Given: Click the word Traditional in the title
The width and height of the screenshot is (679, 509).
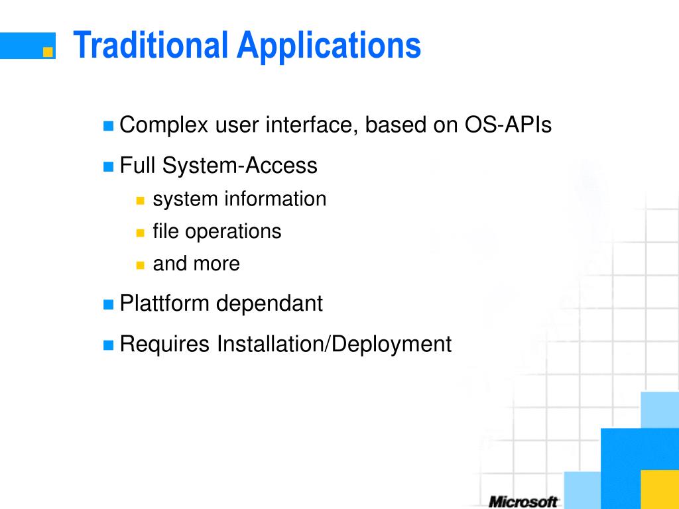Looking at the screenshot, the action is pyautogui.click(x=151, y=44).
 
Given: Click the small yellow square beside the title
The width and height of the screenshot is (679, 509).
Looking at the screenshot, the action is pyautogui.click(x=48, y=52).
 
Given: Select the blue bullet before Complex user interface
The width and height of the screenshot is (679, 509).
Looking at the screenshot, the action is pyautogui.click(x=108, y=126).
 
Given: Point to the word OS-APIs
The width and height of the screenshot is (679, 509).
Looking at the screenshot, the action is pyautogui.click(x=508, y=125).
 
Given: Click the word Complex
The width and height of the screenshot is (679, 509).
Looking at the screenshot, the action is pyautogui.click(x=164, y=125).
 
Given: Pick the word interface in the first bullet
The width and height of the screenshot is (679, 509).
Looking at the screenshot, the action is pyautogui.click(x=312, y=125).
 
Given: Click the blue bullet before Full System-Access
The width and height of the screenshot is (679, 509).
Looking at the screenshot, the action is pyautogui.click(x=108, y=166).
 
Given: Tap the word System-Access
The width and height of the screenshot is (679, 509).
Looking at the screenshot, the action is pyautogui.click(x=239, y=166).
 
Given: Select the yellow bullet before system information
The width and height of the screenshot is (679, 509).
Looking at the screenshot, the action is pyautogui.click(x=140, y=200).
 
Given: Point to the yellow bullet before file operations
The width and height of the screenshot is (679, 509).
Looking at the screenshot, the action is pyautogui.click(x=140, y=233).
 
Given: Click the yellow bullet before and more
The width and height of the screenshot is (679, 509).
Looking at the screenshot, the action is pyautogui.click(x=140, y=265).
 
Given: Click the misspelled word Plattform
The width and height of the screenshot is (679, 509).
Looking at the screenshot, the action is pyautogui.click(x=164, y=303).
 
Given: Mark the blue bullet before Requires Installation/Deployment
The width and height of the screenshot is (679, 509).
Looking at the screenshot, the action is pyautogui.click(x=108, y=345).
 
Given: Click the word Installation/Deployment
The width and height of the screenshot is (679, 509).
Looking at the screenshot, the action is pyautogui.click(x=334, y=345).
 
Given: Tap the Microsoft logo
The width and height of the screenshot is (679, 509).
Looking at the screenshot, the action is pyautogui.click(x=523, y=502).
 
